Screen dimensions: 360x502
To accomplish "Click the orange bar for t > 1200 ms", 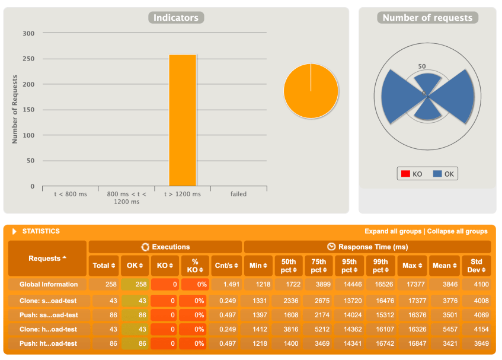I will [183, 120].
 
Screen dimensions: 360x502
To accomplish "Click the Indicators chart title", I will [176, 18].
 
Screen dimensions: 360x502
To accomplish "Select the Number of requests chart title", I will [427, 18].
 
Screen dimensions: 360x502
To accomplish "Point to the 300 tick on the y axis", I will [28, 33].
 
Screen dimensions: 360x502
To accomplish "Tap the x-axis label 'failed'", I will [238, 194].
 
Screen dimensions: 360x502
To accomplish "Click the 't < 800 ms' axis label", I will [69, 194].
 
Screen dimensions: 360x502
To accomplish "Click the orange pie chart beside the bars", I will [311, 91].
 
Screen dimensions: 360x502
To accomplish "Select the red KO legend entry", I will [412, 174].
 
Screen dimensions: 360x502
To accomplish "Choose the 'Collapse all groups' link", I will [458, 231].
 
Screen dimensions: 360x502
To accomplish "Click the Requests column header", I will [47, 259].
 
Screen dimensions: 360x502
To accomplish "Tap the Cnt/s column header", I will [226, 265].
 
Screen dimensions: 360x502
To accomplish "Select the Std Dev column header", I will [476, 265].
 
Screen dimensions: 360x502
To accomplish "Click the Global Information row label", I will [49, 285].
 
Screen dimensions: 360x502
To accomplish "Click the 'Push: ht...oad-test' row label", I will [49, 343].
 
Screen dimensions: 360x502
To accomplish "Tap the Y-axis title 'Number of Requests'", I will [15, 109].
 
